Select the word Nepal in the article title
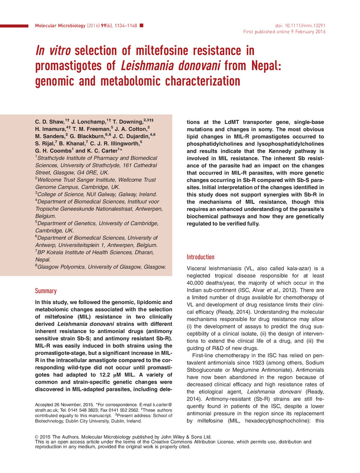259,65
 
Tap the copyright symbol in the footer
38,437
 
